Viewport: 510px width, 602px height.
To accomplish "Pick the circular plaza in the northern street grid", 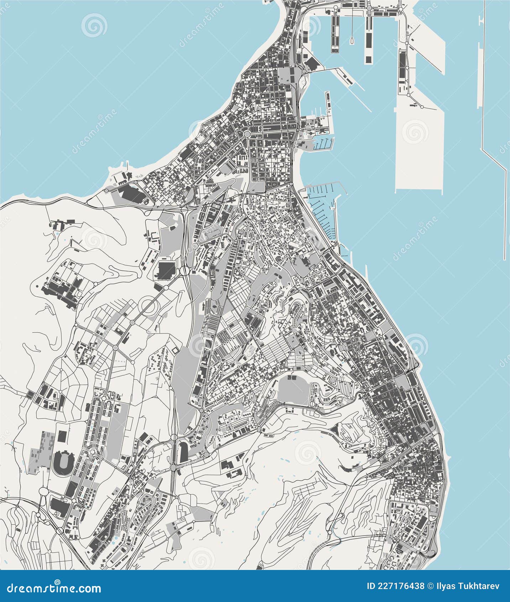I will point(246,134).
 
